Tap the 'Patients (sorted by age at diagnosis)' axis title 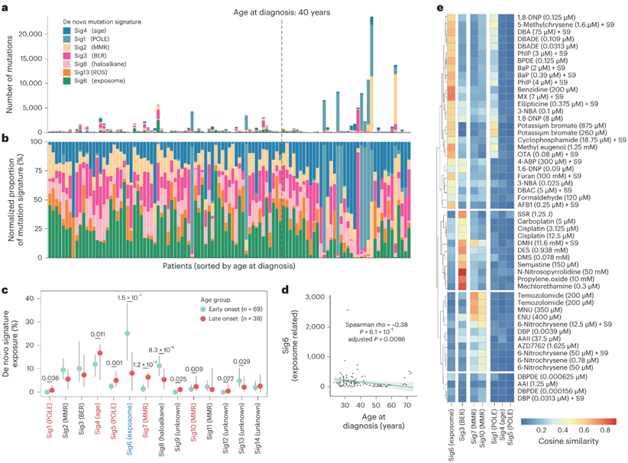tap(228, 266)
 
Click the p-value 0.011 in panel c tap(97, 334)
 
